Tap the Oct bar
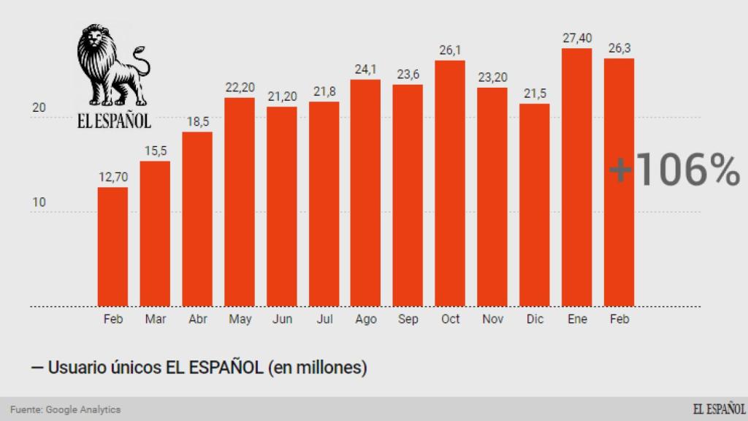point(450,183)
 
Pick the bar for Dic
point(535,205)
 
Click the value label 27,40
point(576,38)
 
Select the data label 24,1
point(365,69)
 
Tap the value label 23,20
point(492,77)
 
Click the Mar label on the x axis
point(155,319)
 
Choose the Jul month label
point(324,319)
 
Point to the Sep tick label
point(408,319)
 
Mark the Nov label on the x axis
point(492,319)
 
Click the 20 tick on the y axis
point(39,108)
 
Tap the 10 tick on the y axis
point(39,202)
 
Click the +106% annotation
point(673,170)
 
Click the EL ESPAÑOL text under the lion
point(114,121)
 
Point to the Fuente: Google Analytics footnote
point(66,409)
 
